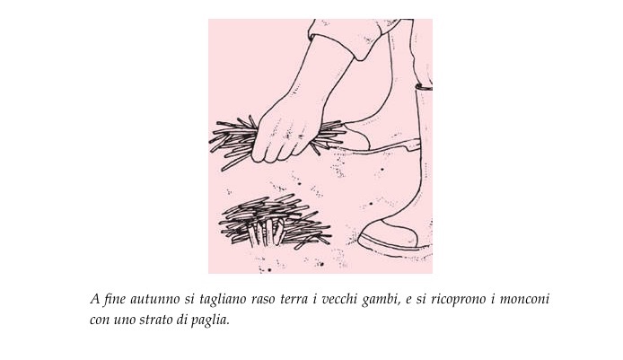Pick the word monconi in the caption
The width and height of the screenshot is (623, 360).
click(x=524, y=299)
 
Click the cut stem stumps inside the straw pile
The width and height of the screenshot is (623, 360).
click(x=266, y=232)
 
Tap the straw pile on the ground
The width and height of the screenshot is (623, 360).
click(x=275, y=221)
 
